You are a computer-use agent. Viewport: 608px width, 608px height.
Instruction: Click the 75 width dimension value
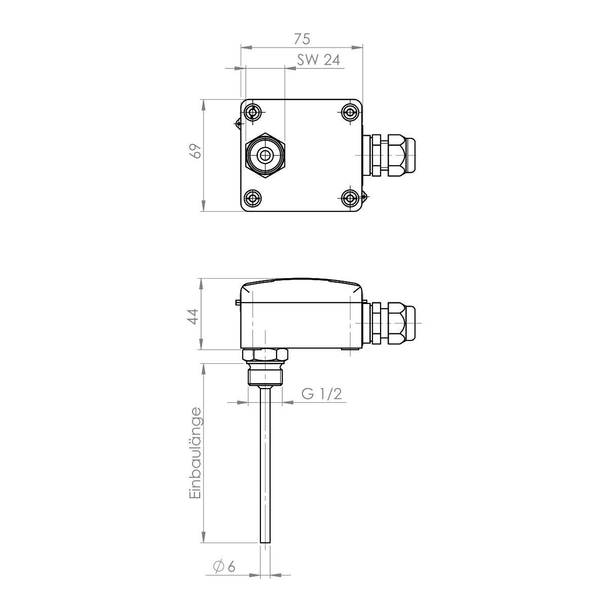coord(302,39)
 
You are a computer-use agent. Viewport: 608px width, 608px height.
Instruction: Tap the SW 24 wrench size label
coord(318,59)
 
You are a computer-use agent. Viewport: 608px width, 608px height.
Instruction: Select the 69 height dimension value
coord(196,151)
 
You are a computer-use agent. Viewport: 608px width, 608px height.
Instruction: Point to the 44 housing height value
coord(193,317)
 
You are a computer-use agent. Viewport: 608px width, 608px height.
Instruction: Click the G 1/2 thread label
coord(322,394)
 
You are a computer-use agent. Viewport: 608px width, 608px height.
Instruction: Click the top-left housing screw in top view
coord(253,111)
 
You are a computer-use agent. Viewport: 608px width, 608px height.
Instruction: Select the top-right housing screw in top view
coord(350,111)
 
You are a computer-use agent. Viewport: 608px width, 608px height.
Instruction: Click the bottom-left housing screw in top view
coord(253,198)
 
